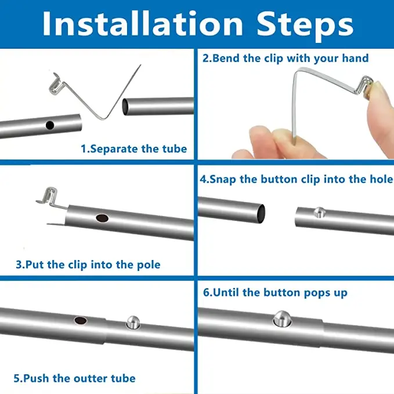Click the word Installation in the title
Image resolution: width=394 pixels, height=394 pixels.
coord(143,24)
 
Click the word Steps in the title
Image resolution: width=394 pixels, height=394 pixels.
coord(305,26)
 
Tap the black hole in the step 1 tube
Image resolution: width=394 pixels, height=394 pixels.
coord(50,125)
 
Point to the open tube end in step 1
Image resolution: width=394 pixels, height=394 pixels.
coord(125,107)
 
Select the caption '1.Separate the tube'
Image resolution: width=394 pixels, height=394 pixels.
coord(133,149)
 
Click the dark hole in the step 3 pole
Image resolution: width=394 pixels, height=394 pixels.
coord(102,218)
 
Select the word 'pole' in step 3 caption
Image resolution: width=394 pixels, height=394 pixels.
coord(149,265)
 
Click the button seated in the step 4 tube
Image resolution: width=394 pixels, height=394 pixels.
coord(320,212)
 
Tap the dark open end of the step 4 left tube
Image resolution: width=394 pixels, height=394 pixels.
coord(261,214)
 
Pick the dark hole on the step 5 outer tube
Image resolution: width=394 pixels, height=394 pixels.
coord(81,320)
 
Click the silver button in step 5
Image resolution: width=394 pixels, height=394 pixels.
coord(133,322)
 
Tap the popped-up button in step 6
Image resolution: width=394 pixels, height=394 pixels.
coord(282,319)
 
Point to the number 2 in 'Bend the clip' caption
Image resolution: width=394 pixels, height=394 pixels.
coord(205,58)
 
